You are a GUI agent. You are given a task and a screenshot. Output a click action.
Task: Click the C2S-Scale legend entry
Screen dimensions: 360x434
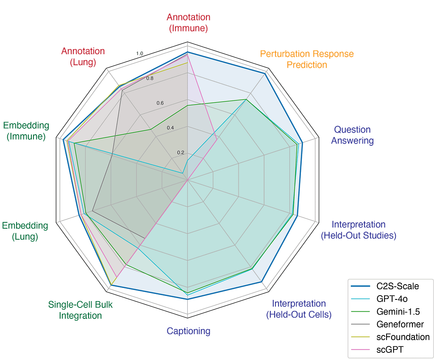(398, 286)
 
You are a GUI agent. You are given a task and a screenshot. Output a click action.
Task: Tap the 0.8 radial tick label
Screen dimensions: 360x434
(150, 78)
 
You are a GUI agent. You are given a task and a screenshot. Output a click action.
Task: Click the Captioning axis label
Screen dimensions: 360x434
(189, 331)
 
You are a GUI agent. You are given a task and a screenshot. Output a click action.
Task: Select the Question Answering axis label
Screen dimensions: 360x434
(352, 135)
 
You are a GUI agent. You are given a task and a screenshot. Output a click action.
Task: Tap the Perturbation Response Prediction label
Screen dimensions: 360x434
(307, 59)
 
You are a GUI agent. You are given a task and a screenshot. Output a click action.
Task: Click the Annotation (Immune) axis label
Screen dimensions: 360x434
(189, 23)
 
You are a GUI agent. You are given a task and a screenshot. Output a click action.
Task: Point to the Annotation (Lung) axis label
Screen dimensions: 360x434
(83, 56)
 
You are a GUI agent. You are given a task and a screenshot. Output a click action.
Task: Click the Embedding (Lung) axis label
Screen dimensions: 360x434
(25, 231)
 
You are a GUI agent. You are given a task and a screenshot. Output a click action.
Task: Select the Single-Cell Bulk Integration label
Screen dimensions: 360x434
(80, 310)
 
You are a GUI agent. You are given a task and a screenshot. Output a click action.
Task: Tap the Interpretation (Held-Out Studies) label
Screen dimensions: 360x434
(359, 230)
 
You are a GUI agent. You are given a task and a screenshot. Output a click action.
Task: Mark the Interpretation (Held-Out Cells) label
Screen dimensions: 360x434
(299, 308)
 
